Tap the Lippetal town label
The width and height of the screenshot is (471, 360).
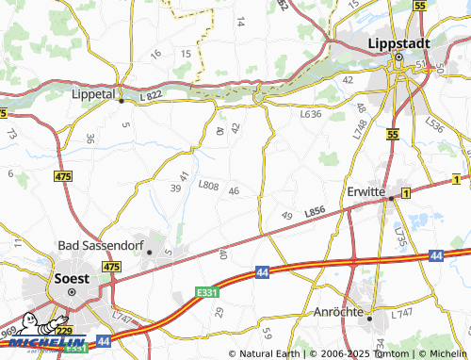pos(93,94)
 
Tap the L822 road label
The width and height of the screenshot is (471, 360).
pos(151,97)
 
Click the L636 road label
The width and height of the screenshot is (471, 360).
pos(310,114)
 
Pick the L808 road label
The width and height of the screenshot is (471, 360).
pos(208,186)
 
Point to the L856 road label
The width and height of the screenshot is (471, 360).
pos(315,215)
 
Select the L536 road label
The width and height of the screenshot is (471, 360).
pos(435,123)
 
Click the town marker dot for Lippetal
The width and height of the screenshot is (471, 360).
pos(121,100)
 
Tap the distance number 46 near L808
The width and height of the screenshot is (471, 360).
pos(233,192)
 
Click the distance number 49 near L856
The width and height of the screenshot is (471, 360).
pos(286,217)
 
